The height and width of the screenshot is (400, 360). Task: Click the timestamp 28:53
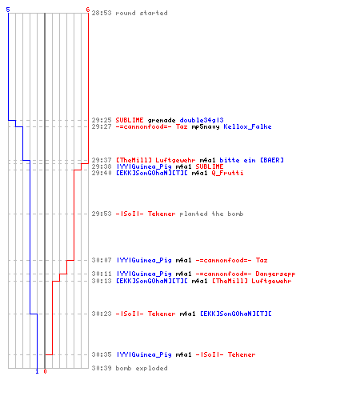pyautogui.click(x=102, y=13)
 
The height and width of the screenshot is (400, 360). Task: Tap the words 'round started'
pyautogui.click(x=142, y=13)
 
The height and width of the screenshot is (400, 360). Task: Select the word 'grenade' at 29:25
pyautogui.click(x=162, y=120)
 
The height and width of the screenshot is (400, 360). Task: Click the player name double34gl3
pyautogui.click(x=202, y=120)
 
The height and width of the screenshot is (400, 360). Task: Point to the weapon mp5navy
pyautogui.click(x=206, y=127)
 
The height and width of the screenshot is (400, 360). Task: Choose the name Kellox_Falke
pyautogui.click(x=247, y=126)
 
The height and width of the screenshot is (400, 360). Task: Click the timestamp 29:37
pyautogui.click(x=102, y=160)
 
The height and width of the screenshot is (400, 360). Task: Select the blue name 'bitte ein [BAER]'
pyautogui.click(x=251, y=160)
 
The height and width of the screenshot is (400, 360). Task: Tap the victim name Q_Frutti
pyautogui.click(x=227, y=173)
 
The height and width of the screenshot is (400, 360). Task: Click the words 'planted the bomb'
pyautogui.click(x=211, y=214)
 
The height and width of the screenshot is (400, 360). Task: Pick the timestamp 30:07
pyautogui.click(x=102, y=260)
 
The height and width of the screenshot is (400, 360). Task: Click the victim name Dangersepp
pyautogui.click(x=275, y=274)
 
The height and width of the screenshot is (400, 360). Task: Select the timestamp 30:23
pyautogui.click(x=102, y=314)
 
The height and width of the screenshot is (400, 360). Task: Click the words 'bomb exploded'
pyautogui.click(x=142, y=368)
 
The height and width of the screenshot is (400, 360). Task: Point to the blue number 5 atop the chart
pyautogui.click(x=8, y=10)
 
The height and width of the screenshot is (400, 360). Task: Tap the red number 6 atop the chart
pyautogui.click(x=88, y=10)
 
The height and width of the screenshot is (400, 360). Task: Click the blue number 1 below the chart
pyautogui.click(x=37, y=371)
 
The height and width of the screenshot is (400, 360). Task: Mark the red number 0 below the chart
pyautogui.click(x=45, y=371)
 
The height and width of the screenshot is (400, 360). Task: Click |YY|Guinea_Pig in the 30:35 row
pyautogui.click(x=144, y=354)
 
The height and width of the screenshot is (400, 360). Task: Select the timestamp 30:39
pyautogui.click(x=102, y=368)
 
